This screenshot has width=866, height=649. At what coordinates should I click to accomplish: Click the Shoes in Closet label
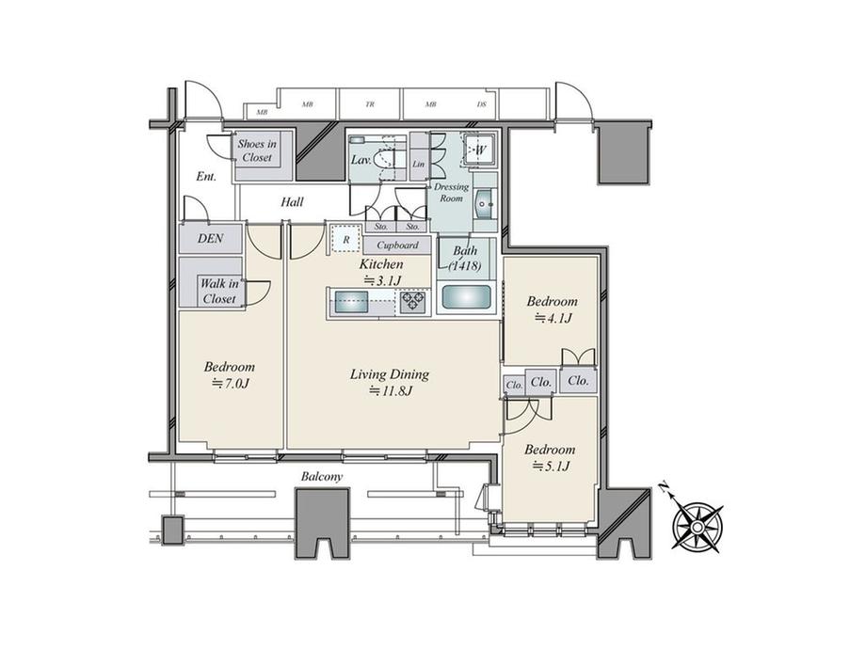tap(256, 150)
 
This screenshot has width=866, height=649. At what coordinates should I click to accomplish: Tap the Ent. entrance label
tap(206, 176)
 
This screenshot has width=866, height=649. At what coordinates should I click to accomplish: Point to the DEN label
tap(211, 239)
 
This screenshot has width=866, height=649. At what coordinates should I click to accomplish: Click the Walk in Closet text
tap(217, 292)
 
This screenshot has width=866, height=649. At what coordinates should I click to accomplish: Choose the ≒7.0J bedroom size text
tap(230, 383)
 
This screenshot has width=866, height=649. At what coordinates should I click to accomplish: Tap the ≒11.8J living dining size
tap(389, 390)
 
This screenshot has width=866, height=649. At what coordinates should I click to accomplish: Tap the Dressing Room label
tap(450, 193)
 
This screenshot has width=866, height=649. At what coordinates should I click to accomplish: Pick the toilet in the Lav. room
tap(385, 161)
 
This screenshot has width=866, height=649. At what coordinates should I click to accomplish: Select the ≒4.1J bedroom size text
tap(551, 318)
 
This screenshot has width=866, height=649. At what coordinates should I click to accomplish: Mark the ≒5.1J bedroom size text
tap(550, 466)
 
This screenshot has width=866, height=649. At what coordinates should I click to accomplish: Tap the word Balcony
tap(321, 477)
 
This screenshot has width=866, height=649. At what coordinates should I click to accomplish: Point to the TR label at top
tap(370, 104)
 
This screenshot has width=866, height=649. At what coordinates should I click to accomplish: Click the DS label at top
tap(481, 104)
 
